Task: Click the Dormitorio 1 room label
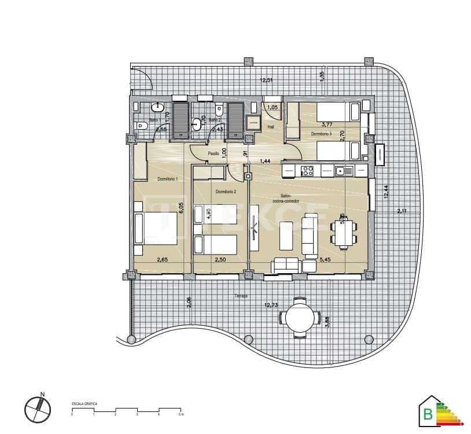coord(167,179)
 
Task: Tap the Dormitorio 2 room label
coord(226,192)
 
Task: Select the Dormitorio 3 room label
coord(321,134)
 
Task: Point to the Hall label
coord(271,127)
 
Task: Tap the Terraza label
coord(241,296)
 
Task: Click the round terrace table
coord(299,317)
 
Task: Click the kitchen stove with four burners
coord(307,171)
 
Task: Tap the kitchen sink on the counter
coord(341,171)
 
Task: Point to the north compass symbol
coord(36,408)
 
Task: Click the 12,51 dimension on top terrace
coord(266,80)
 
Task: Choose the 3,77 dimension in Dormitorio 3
coord(328,123)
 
